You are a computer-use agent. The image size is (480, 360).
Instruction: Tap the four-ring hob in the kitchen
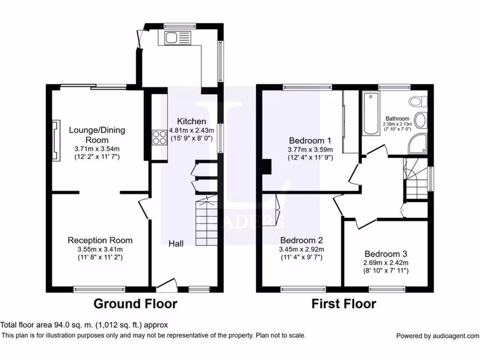159,138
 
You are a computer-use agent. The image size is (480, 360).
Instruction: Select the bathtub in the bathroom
371,114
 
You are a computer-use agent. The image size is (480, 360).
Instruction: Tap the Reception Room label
100,240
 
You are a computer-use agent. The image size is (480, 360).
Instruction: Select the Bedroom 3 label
387,254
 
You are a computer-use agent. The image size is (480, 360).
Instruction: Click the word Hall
176,243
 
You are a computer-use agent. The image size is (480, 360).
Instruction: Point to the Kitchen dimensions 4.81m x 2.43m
191,130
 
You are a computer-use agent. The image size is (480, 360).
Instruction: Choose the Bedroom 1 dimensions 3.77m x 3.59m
310,150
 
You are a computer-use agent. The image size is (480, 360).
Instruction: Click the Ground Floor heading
135,304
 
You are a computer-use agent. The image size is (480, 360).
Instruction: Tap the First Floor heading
344,304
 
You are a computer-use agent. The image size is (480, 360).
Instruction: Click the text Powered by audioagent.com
437,336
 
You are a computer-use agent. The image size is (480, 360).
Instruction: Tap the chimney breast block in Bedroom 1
267,166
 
